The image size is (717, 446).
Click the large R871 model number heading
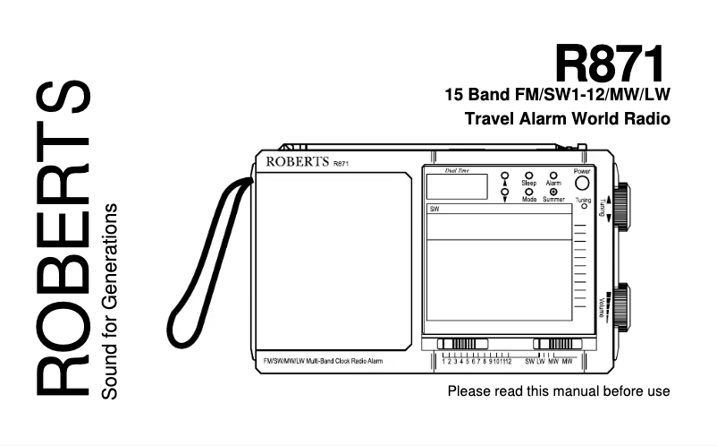tap(612, 64)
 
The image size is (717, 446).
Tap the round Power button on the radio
tap(582, 184)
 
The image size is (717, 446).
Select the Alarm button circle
tap(553, 176)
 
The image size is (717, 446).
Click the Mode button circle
tap(529, 192)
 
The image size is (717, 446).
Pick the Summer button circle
tap(553, 192)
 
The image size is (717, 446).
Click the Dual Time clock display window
tap(456, 186)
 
